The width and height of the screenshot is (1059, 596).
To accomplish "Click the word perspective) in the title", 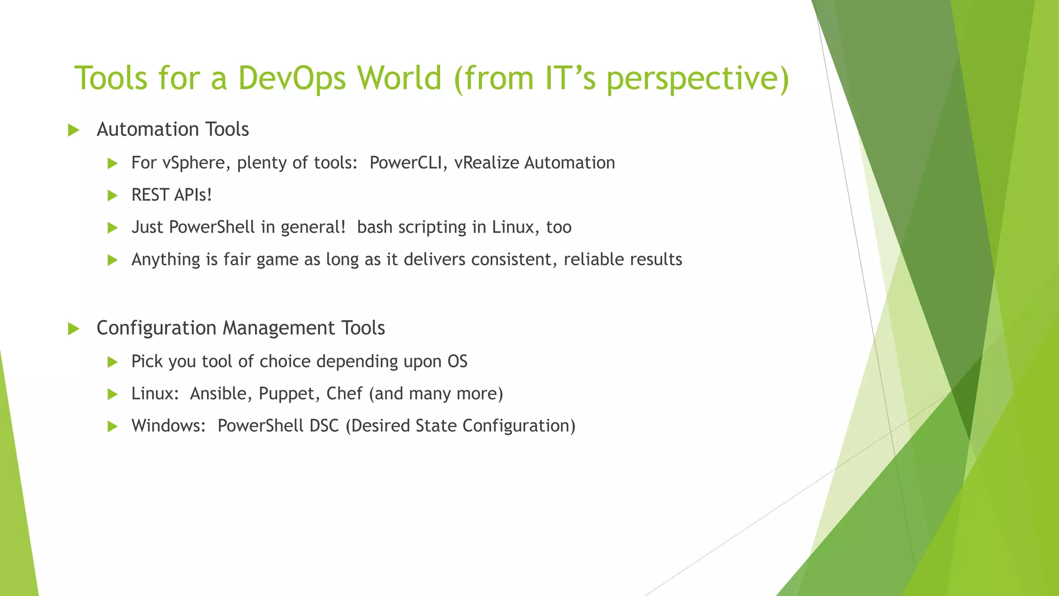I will (698, 78).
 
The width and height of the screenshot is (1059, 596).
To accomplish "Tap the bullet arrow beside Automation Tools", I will (73, 130).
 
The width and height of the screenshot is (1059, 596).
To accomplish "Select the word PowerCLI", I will (409, 163).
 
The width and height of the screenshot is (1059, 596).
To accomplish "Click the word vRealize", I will (486, 163).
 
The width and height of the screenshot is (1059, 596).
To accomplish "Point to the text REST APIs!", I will (172, 195).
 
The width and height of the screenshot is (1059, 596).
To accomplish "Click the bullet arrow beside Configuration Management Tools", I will (73, 329).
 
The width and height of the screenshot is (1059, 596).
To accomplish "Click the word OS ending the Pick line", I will (457, 361).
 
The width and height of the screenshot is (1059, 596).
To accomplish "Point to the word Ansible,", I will (221, 394).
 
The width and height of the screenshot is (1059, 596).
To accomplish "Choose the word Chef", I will (344, 394).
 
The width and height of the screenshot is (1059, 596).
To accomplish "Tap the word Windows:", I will (169, 426).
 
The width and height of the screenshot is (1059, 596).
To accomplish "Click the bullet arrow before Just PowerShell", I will (113, 228).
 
